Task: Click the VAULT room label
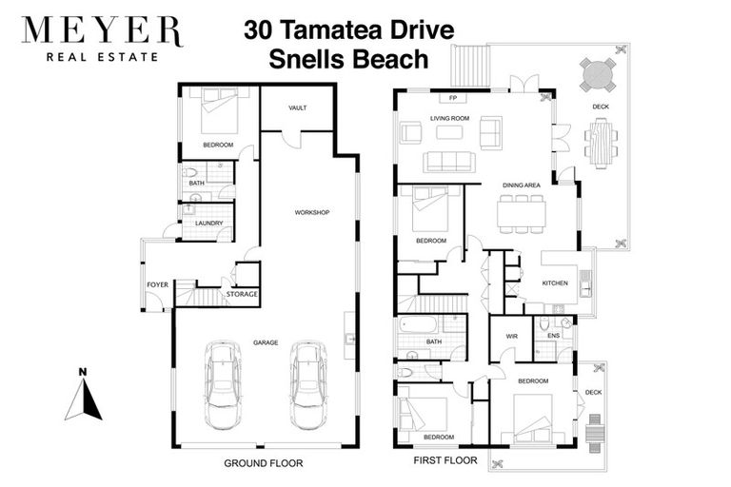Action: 298,108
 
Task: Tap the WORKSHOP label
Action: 311,211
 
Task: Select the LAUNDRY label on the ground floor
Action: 208,224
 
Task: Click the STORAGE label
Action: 242,295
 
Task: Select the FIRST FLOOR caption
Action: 445,460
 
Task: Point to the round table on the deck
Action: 598,72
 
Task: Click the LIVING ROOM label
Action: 450,118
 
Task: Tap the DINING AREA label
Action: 522,185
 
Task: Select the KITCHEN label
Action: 555,283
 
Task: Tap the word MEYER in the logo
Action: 101,30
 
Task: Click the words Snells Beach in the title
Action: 349,59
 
